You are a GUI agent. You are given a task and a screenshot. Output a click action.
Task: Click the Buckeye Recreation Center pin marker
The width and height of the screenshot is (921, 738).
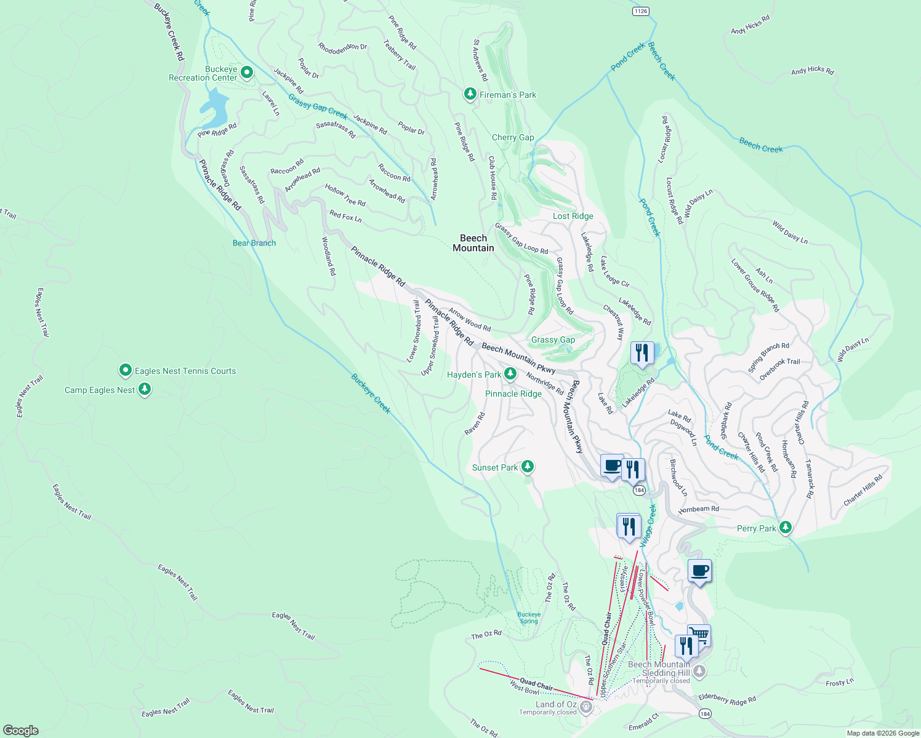pyautogui.click(x=247, y=73)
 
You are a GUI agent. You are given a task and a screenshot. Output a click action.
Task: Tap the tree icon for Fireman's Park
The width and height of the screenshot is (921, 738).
pyautogui.click(x=470, y=94)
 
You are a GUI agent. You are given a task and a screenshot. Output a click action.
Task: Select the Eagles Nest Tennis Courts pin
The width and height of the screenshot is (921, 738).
pyautogui.click(x=126, y=370)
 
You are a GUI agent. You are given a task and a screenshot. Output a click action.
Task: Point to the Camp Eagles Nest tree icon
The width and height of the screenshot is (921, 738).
pyautogui.click(x=145, y=389)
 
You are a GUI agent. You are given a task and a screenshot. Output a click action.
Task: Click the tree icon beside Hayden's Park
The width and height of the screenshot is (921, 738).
pyautogui.click(x=510, y=374)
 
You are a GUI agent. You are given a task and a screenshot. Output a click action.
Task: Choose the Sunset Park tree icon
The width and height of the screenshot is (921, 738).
pyautogui.click(x=527, y=467)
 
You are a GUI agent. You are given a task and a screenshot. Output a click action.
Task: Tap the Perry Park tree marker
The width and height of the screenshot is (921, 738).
pyautogui.click(x=785, y=528)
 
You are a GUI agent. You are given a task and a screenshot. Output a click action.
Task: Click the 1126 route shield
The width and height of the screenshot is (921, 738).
pyautogui.click(x=640, y=11)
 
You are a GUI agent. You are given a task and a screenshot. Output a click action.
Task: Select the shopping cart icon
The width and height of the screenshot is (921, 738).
pyautogui.click(x=699, y=635)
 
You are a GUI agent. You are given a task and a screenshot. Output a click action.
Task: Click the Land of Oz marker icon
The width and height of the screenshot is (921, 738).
pyautogui.click(x=586, y=708)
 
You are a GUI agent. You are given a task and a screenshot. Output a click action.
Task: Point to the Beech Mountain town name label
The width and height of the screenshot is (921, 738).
pyautogui.click(x=473, y=243)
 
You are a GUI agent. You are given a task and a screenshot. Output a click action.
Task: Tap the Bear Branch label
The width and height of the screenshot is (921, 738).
pyautogui.click(x=254, y=243)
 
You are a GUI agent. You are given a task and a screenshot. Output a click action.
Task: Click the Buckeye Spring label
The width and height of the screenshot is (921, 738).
pyautogui.click(x=529, y=617)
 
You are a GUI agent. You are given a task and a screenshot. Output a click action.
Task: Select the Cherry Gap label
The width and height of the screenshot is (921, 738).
pyautogui.click(x=513, y=137)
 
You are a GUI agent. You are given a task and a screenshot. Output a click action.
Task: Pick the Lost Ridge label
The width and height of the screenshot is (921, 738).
pyautogui.click(x=573, y=216)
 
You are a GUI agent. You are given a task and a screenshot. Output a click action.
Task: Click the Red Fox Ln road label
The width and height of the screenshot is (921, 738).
pyautogui.click(x=345, y=216)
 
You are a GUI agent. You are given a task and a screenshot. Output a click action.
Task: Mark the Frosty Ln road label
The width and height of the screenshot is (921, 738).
pyautogui.click(x=840, y=682)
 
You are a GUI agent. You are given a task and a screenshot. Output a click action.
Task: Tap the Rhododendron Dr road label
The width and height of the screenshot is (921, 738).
pyautogui.click(x=342, y=47)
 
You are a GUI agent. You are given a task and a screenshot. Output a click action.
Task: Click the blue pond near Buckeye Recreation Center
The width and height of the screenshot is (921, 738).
pyautogui.click(x=215, y=106)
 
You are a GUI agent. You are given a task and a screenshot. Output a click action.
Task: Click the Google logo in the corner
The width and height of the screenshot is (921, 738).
pyautogui.click(x=21, y=730)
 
